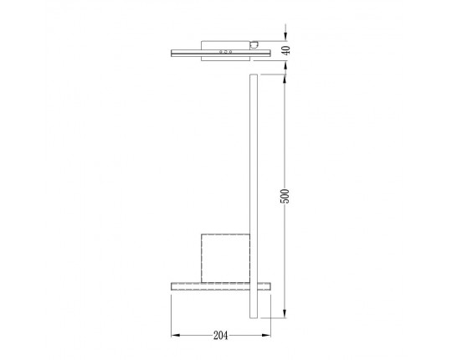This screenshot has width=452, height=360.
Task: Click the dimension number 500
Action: coord(285,196)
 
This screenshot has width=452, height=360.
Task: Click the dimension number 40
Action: coord(285,50)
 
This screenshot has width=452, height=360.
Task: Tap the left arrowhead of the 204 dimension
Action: coord(175,336)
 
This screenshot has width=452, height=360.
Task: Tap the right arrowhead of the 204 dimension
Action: coord(269,336)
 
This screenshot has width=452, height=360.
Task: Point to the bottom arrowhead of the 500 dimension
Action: coord(285,316)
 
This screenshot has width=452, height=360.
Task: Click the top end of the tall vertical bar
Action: coord(254,76)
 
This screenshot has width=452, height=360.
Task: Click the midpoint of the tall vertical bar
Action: coord(254,197)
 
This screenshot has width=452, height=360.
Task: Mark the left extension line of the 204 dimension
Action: coord(172,314)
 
